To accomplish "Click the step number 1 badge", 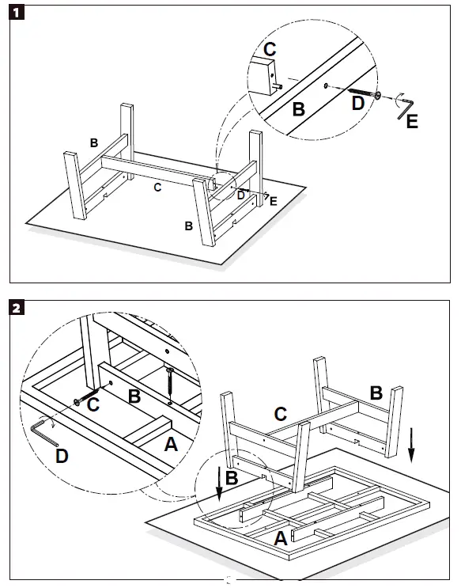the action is (x=17, y=13).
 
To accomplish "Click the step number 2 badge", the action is (x=17, y=309).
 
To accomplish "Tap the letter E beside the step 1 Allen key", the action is (x=412, y=122).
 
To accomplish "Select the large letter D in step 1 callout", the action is (x=358, y=103).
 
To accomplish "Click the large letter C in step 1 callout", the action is (x=270, y=49).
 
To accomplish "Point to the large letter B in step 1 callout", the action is (x=298, y=109).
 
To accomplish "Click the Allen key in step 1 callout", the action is (x=405, y=108).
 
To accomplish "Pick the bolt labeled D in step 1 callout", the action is (x=365, y=93).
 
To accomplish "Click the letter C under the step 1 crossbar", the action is (x=158, y=187).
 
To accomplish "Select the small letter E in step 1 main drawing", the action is (x=274, y=201).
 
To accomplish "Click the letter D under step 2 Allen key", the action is (x=62, y=456).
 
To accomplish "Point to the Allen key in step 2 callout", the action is (x=43, y=432).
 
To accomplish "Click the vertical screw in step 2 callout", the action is (x=170, y=385).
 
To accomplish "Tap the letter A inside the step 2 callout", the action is (x=171, y=445).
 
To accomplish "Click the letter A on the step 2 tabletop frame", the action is (x=281, y=539).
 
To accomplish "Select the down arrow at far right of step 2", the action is (x=411, y=445).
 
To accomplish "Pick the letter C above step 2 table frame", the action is (x=281, y=415).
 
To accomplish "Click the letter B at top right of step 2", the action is (x=376, y=393).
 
